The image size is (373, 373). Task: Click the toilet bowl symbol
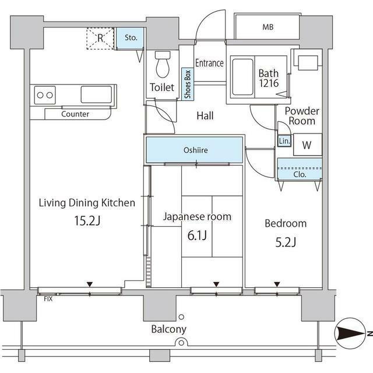pyautogui.click(x=163, y=64)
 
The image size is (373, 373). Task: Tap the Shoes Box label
pyautogui.click(x=188, y=84)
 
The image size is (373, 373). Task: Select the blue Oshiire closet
pyautogui.click(x=194, y=150)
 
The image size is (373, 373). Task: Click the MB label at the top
pyautogui.click(x=268, y=27)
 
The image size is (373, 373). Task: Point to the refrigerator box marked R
pyautogui.click(x=100, y=38)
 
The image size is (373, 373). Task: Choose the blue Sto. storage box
pyautogui.click(x=130, y=38)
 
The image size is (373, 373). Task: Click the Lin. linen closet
pyautogui.click(x=284, y=141)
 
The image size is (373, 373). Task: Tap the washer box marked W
pyautogui.click(x=307, y=145)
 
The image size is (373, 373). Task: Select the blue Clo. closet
pyautogui.click(x=300, y=169)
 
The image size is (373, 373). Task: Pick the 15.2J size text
pyautogui.click(x=87, y=220)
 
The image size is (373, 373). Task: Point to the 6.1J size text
pyautogui.click(x=197, y=235)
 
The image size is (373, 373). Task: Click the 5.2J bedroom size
pyautogui.click(x=286, y=242)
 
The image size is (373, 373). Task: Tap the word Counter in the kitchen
pyautogui.click(x=75, y=114)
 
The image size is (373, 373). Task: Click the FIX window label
pyautogui.click(x=48, y=299)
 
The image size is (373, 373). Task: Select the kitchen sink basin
pyautogui.click(x=96, y=94)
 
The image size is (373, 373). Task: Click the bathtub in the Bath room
pyautogui.click(x=242, y=77)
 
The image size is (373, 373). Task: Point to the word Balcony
pyautogui.click(x=168, y=329)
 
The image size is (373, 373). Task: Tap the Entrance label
pyautogui.click(x=209, y=63)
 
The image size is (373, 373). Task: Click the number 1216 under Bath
pyautogui.click(x=269, y=83)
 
